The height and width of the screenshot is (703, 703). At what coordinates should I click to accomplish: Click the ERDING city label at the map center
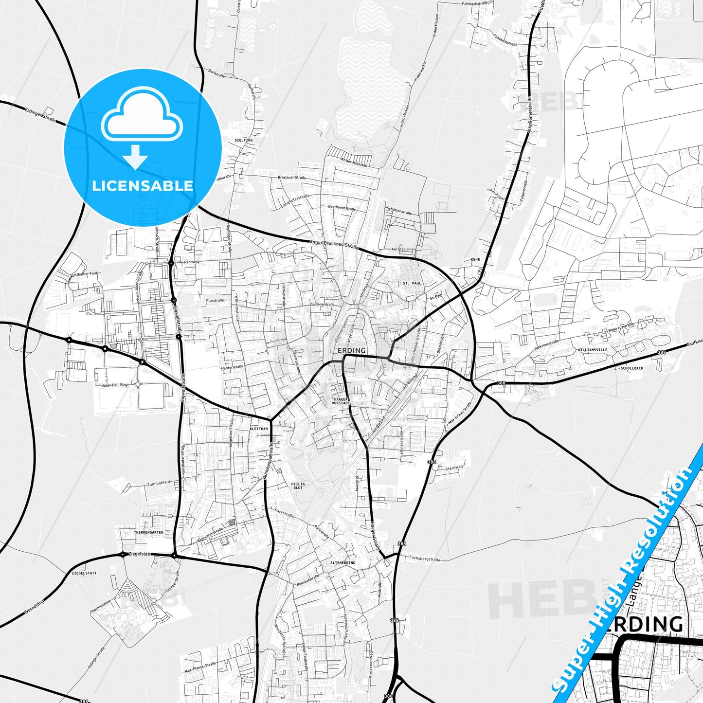[x=351, y=350]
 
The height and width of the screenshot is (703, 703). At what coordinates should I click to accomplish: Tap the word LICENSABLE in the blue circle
[x=143, y=185]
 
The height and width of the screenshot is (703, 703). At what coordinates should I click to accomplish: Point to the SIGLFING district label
[x=243, y=140]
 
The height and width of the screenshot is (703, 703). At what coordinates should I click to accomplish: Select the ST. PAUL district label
[x=412, y=283]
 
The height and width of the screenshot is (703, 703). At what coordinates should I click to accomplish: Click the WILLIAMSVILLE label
[x=593, y=350]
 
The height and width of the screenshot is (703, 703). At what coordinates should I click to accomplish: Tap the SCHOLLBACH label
[x=632, y=368]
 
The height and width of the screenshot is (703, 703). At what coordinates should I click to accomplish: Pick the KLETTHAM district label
[x=258, y=429]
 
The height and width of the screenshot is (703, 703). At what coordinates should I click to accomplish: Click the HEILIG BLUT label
[x=298, y=486]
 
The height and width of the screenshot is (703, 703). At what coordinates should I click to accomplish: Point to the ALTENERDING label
[x=342, y=563]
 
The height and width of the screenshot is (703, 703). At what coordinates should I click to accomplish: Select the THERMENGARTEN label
[x=148, y=533]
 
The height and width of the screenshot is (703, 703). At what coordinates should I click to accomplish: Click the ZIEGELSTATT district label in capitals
[x=84, y=573]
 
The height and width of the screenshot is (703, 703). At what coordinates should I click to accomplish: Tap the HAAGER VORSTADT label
[x=341, y=401]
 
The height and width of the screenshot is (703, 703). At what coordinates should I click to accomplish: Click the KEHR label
[x=475, y=260]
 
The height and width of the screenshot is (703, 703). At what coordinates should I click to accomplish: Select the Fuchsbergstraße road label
[x=424, y=559]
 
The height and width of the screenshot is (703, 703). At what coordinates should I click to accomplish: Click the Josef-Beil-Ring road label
[x=115, y=385]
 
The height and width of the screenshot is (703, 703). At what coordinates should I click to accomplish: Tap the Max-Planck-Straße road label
[x=200, y=667]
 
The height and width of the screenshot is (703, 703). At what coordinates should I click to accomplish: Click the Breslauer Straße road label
[x=292, y=178]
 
